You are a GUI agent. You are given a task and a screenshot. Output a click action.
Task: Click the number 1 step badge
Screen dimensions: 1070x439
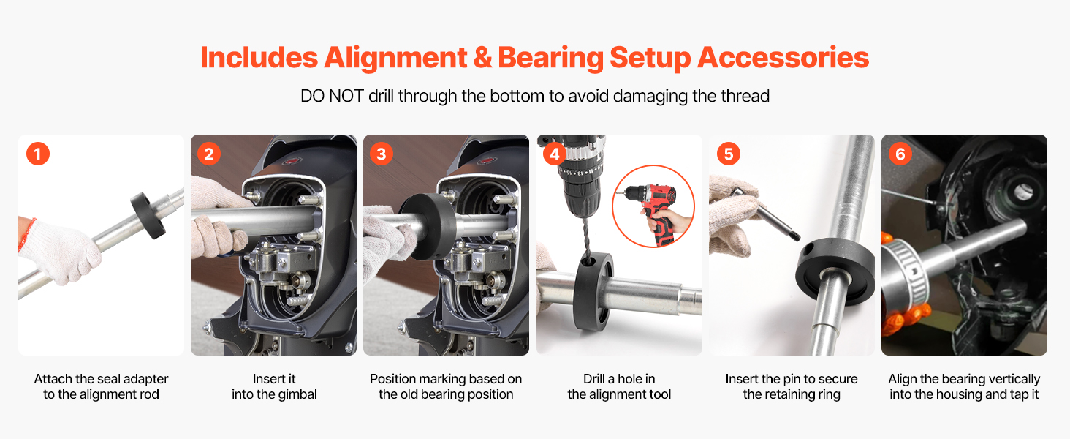click(x=38, y=154)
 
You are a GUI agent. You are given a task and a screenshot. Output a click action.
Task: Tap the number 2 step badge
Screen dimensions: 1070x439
click(x=209, y=154)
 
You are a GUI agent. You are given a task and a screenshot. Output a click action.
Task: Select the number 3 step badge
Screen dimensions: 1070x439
click(x=382, y=154)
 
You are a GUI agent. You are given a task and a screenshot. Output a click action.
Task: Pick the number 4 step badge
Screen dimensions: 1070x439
click(x=555, y=154)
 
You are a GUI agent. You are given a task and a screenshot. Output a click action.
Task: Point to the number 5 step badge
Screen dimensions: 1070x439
click(x=729, y=154)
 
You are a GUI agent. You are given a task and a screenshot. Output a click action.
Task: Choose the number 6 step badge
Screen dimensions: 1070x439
click(x=900, y=154)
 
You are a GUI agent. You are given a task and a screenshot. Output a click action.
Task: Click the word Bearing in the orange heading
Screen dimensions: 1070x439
click(x=551, y=59)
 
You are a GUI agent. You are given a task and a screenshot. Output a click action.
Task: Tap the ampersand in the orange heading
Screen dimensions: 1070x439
click(x=482, y=58)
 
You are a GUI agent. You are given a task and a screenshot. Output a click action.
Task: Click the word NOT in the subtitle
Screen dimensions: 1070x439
click(x=346, y=96)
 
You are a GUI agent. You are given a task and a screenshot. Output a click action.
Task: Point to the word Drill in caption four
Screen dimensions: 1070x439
click(x=593, y=379)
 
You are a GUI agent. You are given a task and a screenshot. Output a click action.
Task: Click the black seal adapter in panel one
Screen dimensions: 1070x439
click(x=148, y=215)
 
